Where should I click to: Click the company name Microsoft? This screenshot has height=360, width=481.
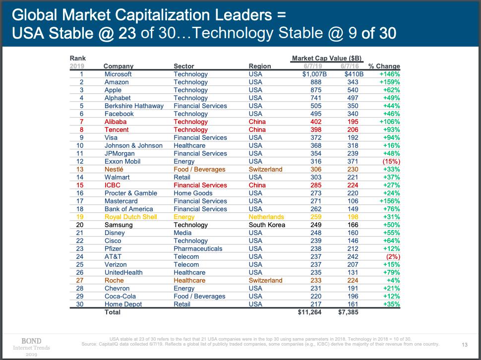118,74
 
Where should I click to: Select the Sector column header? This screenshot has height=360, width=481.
184,66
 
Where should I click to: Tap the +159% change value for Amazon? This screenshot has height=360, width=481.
389,82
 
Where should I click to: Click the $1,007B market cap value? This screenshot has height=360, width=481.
312,74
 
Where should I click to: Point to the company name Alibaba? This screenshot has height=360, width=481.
116,121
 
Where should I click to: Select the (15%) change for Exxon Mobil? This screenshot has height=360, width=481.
391,161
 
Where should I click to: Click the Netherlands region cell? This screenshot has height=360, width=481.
266,217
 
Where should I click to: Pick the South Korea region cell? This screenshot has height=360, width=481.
267,225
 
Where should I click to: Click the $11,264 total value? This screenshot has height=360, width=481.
309,312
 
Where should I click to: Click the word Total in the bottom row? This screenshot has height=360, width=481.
113,312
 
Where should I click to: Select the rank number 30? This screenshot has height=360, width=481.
80,304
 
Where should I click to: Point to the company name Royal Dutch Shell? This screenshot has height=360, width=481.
131,217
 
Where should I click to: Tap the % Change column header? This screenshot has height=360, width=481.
384,66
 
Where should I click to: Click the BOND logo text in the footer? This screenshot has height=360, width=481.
32,341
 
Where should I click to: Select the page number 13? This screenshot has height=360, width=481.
465,344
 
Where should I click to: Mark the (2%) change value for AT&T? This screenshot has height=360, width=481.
392,256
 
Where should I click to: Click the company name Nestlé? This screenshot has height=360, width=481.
114,169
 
